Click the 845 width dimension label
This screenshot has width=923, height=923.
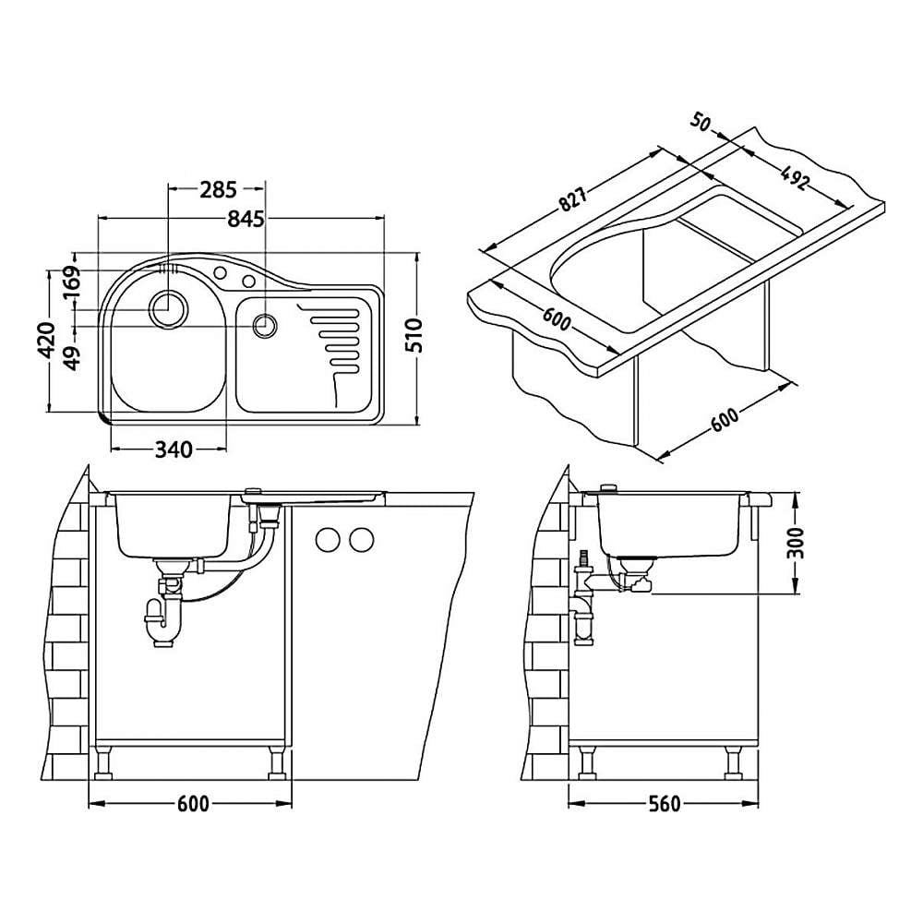[246, 219]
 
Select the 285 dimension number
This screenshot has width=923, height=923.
[218, 189]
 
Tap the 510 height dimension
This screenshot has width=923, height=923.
[415, 336]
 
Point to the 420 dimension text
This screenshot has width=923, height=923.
[46, 341]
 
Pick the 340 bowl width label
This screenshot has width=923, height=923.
[174, 450]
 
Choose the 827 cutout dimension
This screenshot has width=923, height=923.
[573, 199]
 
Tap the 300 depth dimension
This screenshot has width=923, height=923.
[796, 544]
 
